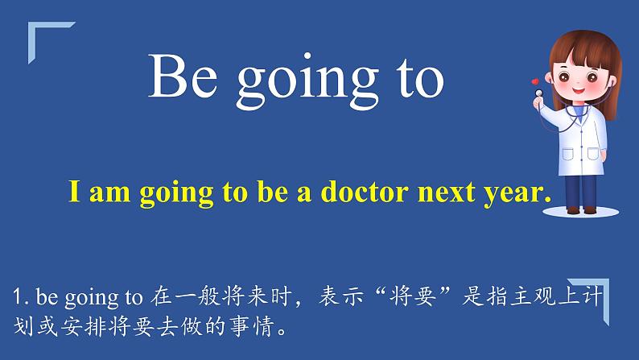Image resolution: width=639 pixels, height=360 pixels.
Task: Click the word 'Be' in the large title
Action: click(x=179, y=78)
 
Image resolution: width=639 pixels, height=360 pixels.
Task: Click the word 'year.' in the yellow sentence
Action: click(x=515, y=194)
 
